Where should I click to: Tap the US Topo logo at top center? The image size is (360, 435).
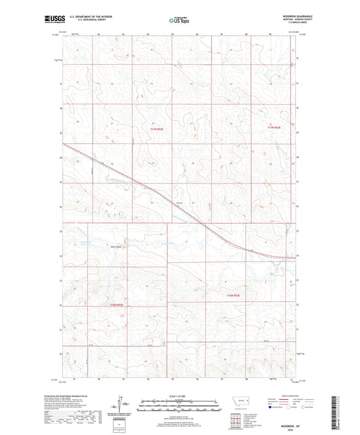point(179,20)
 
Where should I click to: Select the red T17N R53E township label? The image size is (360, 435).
point(273,126)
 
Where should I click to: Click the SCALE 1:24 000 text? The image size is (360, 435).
point(179,395)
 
